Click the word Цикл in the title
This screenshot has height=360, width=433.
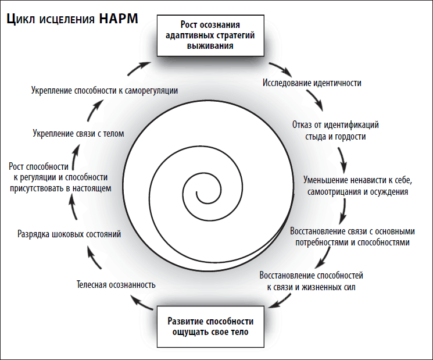tap(21, 19)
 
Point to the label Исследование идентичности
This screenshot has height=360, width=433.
tap(313, 83)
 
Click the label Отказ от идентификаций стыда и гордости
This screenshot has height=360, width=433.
tap(335, 131)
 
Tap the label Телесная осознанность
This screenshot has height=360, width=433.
tap(116, 285)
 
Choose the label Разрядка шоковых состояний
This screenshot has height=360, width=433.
tap(69, 235)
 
